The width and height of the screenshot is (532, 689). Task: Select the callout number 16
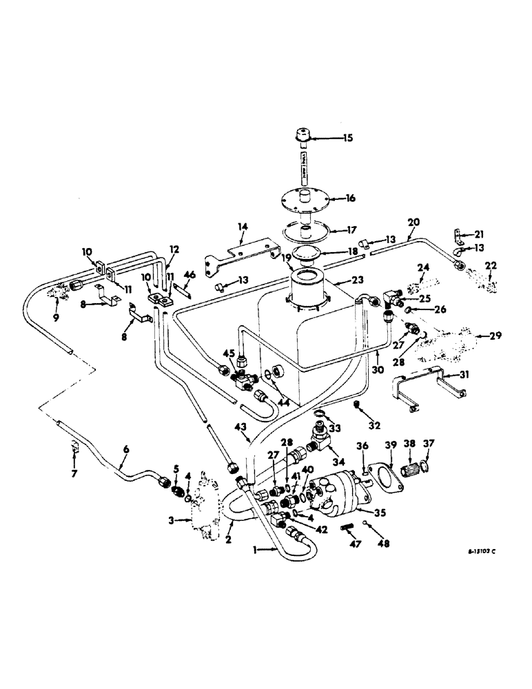coord(350,198)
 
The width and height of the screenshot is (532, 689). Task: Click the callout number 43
coord(240,429)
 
